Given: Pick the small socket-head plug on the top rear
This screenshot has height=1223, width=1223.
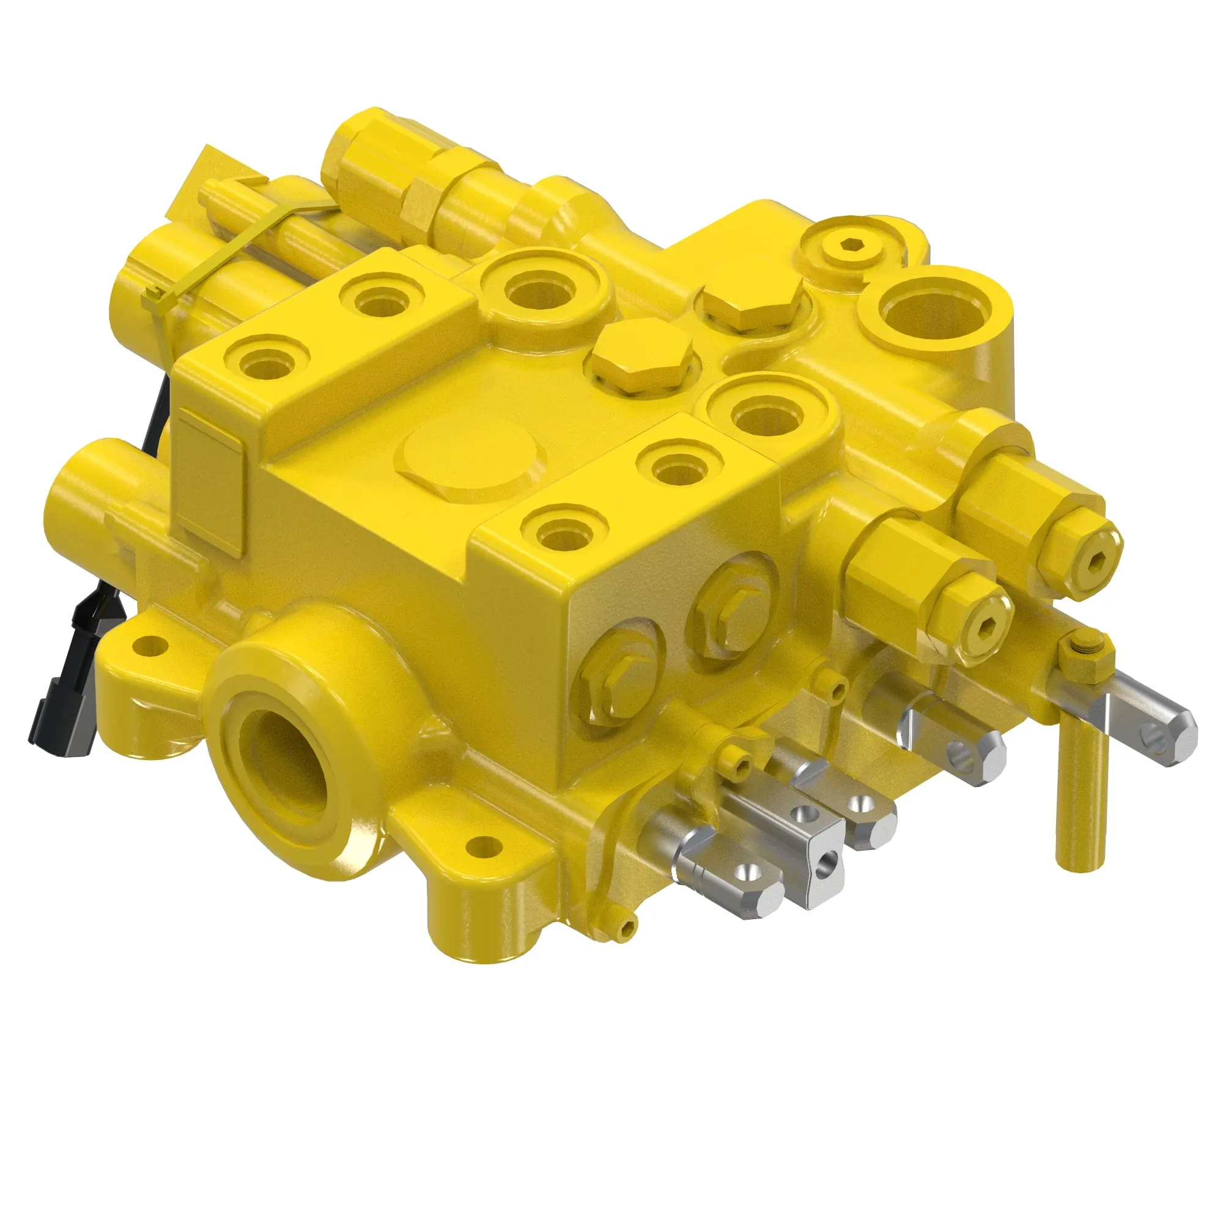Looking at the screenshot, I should pyautogui.click(x=852, y=245).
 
